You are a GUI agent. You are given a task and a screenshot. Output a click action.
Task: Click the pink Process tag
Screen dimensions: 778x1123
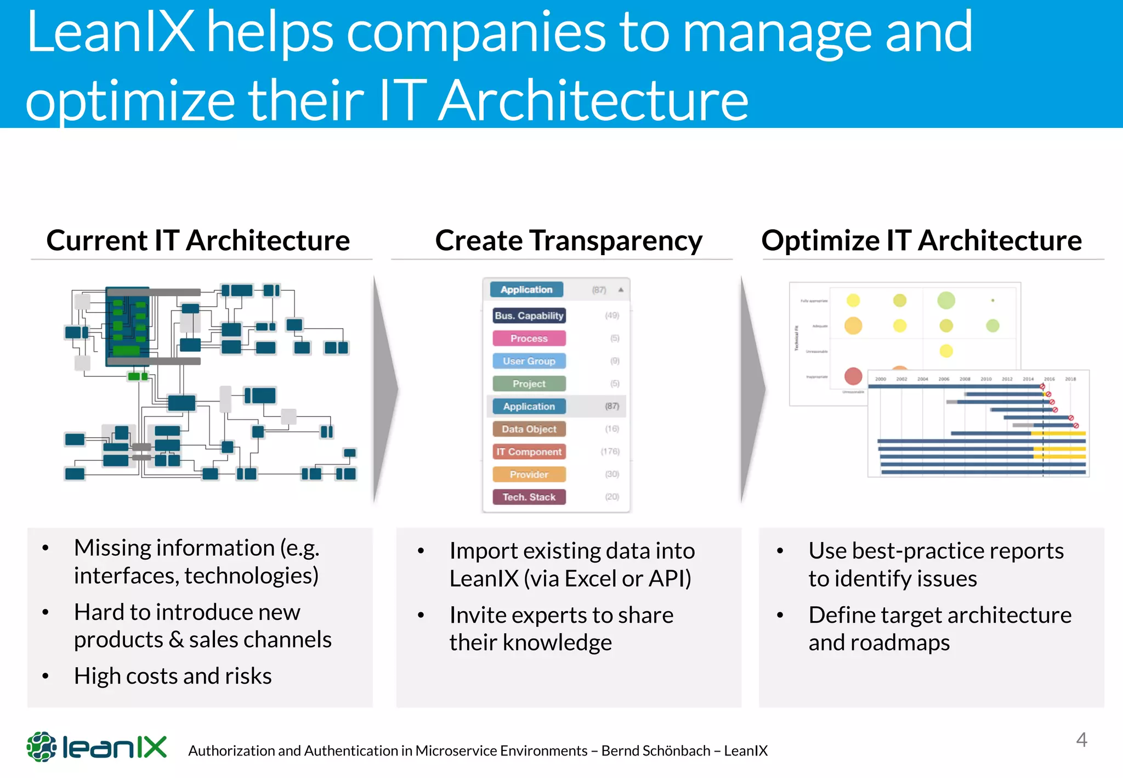point(529,339)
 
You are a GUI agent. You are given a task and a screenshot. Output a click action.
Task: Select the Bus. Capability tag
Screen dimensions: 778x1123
point(529,315)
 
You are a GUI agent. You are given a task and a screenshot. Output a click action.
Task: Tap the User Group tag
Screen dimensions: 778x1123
point(529,361)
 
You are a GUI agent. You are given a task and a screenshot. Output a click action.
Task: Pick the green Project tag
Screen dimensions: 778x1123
point(529,384)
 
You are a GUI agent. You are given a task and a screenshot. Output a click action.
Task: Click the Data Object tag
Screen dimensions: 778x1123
point(529,429)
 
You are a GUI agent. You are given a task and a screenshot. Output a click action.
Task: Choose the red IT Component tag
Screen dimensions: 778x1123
point(529,452)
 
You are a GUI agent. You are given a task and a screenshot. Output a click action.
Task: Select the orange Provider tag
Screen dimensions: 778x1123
point(529,474)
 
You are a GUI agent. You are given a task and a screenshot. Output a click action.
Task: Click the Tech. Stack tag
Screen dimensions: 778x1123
point(529,497)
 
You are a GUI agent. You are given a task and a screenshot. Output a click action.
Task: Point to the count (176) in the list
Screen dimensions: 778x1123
point(610,452)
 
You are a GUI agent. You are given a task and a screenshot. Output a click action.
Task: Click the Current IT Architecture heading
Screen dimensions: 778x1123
point(198,240)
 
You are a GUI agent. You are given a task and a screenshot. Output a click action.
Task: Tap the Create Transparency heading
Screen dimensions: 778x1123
point(568,240)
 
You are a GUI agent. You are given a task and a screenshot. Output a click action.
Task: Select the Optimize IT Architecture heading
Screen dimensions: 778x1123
point(921,240)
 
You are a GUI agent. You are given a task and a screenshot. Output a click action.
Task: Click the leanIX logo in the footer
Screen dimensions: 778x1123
point(97,747)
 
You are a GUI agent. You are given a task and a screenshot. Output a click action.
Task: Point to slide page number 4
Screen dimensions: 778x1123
point(1081,740)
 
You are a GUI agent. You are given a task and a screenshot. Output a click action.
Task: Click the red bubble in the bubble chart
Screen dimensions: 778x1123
point(853,376)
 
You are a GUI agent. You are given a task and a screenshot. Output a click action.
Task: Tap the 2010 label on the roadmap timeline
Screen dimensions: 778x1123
point(986,379)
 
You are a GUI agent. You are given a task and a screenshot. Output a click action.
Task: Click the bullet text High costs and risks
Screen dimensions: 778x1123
point(173,676)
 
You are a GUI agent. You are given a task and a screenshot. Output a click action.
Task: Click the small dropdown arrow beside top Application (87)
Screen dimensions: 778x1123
point(621,290)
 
